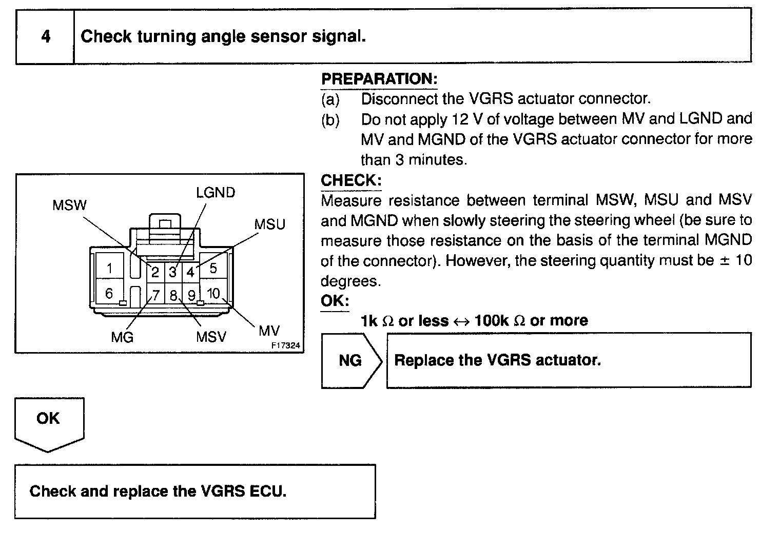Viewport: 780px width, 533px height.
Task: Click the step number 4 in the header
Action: [x=46, y=37]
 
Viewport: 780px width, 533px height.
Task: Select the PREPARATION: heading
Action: [x=379, y=79]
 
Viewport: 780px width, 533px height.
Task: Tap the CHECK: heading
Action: [x=351, y=180]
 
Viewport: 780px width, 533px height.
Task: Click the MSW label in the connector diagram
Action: [x=69, y=206]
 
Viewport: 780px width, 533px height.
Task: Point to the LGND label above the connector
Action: [x=216, y=193]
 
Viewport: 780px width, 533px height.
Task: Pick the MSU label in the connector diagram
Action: [x=269, y=224]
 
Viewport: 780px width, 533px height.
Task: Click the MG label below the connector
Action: [x=122, y=337]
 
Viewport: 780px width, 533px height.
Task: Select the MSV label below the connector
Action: [x=210, y=337]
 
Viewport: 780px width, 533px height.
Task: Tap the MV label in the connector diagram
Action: [x=269, y=331]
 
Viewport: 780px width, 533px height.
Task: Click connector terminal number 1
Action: [x=110, y=268]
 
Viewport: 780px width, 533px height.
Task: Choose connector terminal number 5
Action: [x=213, y=268]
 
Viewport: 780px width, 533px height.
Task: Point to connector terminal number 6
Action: [x=109, y=293]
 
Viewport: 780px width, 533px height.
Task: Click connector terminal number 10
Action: [x=213, y=293]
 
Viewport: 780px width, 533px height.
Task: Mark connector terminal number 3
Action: [x=173, y=272]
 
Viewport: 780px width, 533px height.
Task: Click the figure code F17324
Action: [x=285, y=345]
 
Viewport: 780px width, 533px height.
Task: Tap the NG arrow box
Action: [x=351, y=360]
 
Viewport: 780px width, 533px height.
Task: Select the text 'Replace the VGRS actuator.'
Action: [x=497, y=360]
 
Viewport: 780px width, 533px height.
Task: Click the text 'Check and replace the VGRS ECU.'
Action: [x=158, y=491]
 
